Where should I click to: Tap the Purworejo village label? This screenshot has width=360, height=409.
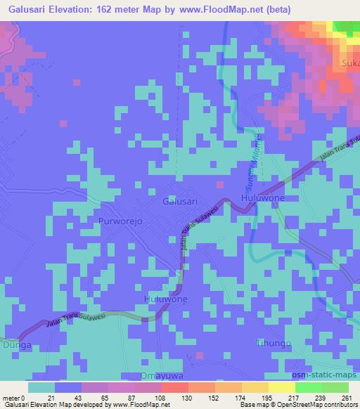click(121, 220)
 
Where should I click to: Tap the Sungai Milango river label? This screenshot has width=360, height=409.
click(256, 158)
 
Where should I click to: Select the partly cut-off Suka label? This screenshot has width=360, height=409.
click(349, 65)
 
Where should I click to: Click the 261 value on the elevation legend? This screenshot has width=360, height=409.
click(345, 398)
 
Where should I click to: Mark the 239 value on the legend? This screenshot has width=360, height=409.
click(320, 398)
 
